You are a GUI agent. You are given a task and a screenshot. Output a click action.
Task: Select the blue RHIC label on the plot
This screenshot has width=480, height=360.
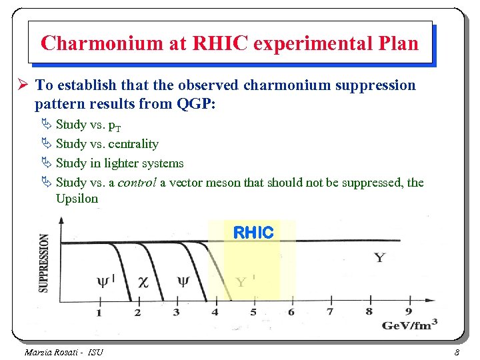(x=253, y=233)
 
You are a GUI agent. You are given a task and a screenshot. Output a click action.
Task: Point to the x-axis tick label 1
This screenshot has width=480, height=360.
(x=99, y=312)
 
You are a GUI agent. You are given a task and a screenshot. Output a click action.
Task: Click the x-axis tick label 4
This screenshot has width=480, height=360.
(x=215, y=312)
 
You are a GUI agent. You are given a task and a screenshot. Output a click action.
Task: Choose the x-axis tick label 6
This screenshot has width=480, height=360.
(x=291, y=312)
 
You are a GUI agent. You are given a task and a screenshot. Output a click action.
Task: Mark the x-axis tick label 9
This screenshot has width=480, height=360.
(x=408, y=311)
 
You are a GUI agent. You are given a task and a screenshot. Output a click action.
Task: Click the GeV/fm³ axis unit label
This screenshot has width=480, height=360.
(x=410, y=324)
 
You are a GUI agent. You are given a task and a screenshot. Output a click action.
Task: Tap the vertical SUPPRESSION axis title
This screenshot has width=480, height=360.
(x=44, y=263)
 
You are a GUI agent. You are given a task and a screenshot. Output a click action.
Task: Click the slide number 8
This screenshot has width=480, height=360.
(x=457, y=352)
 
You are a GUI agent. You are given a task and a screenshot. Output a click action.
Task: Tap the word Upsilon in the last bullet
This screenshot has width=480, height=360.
(x=77, y=199)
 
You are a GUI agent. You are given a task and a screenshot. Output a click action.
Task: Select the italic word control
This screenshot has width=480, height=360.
(x=137, y=183)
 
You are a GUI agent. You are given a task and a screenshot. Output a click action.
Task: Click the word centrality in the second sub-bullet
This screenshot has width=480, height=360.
(x=133, y=144)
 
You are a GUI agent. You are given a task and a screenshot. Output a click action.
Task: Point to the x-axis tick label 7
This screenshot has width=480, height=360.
(x=330, y=311)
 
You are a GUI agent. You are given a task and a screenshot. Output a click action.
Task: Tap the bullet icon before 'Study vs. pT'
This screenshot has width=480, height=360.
(x=46, y=125)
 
